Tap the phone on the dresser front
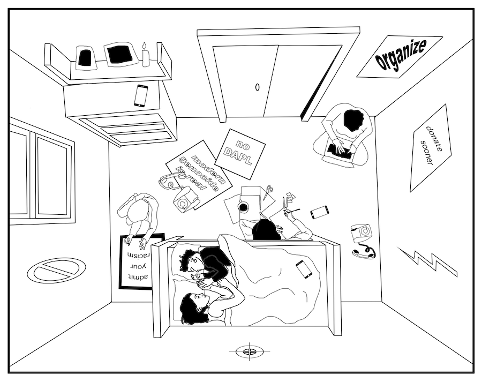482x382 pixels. (x=141, y=95)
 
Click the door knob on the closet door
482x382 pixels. (x=257, y=87)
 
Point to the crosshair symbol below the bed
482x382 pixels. (x=247, y=351)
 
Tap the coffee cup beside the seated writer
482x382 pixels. (x=243, y=207)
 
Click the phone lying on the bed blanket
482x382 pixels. (x=304, y=268)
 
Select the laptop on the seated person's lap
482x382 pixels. (x=340, y=151)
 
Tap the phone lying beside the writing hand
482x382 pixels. (x=319, y=212)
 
